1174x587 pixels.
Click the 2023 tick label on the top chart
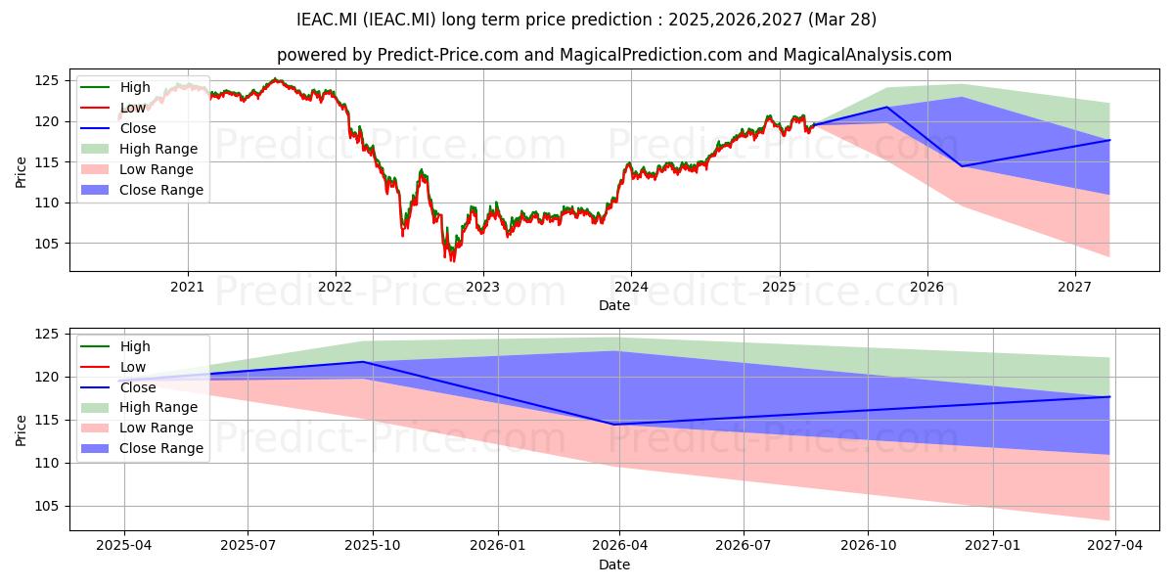click(482, 287)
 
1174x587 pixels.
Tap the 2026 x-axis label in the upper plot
click(926, 287)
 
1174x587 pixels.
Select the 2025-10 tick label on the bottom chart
click(373, 546)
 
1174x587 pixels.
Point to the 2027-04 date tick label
click(1114, 546)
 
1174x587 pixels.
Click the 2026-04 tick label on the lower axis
click(619, 546)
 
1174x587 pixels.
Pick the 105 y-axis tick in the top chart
click(47, 244)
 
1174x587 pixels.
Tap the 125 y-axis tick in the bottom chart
click(47, 335)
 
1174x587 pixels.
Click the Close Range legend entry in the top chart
click(142, 190)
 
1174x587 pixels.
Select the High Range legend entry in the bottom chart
click(139, 407)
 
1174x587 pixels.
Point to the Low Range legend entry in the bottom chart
click(137, 428)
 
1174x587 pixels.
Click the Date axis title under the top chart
click(614, 305)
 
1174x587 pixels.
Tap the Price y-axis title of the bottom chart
click(21, 430)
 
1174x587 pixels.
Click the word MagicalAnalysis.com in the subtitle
click(868, 55)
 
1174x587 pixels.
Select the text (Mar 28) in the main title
click(842, 20)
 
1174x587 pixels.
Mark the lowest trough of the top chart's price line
click(452, 260)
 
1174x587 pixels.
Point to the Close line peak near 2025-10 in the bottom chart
click(363, 362)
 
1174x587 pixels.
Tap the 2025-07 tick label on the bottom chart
click(248, 546)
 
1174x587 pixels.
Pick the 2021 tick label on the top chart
click(187, 287)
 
